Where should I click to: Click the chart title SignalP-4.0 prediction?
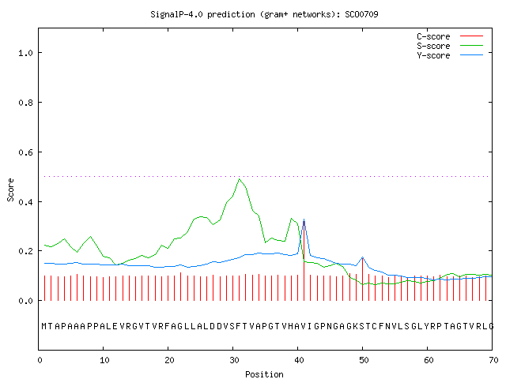[x=202, y=14]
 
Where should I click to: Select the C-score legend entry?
[x=450, y=36]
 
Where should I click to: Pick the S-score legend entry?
[x=450, y=46]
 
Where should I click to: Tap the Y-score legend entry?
[x=450, y=55]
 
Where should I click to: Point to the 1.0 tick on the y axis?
[x=25, y=53]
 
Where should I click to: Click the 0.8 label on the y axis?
[x=25, y=103]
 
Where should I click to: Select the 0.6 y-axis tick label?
[x=25, y=152]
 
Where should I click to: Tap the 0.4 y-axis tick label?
[x=25, y=202]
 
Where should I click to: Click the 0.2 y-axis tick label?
[x=25, y=251]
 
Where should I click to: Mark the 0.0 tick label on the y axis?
[x=25, y=301]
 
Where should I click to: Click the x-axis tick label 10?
[x=104, y=360]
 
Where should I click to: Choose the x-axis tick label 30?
[x=234, y=360]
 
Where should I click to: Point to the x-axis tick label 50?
[x=364, y=360]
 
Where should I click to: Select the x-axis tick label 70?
[x=493, y=360]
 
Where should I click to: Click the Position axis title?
[x=264, y=374]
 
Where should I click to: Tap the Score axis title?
[x=10, y=189]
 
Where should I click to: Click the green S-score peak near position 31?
[x=239, y=179]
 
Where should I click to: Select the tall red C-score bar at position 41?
[x=304, y=261]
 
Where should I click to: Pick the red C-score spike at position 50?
[x=362, y=280]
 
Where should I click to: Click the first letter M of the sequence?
[x=44, y=326]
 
